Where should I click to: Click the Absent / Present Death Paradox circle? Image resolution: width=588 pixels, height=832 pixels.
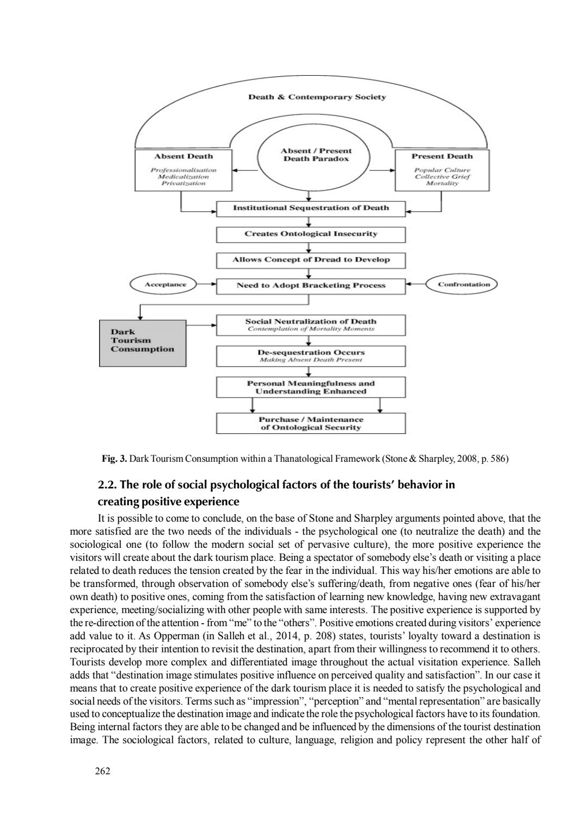coord(316,155)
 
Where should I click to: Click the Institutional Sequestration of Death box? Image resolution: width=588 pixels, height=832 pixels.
coord(311,208)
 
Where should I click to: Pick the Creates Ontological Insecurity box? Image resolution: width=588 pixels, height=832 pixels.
coord(311,234)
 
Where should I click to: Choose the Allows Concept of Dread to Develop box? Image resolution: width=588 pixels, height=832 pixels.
coord(311,260)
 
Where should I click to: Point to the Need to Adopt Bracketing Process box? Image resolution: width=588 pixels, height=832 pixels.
coord(311,285)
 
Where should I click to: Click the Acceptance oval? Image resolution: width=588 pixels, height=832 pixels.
coord(165,284)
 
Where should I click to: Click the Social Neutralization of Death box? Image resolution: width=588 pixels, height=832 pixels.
coord(311,325)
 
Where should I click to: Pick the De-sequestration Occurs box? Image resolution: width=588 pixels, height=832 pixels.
coord(311,356)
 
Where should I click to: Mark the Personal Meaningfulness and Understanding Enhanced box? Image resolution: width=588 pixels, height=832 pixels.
coord(311,387)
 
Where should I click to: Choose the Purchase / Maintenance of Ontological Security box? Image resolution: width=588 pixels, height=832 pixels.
coord(311,423)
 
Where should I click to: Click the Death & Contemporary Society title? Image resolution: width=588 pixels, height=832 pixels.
coord(317,97)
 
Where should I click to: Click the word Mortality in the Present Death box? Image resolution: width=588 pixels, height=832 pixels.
coord(442,183)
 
